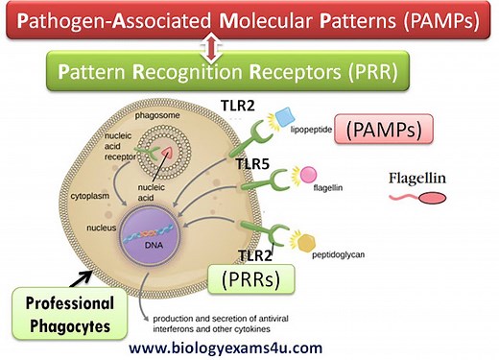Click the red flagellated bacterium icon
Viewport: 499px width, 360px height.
pos(418,199)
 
